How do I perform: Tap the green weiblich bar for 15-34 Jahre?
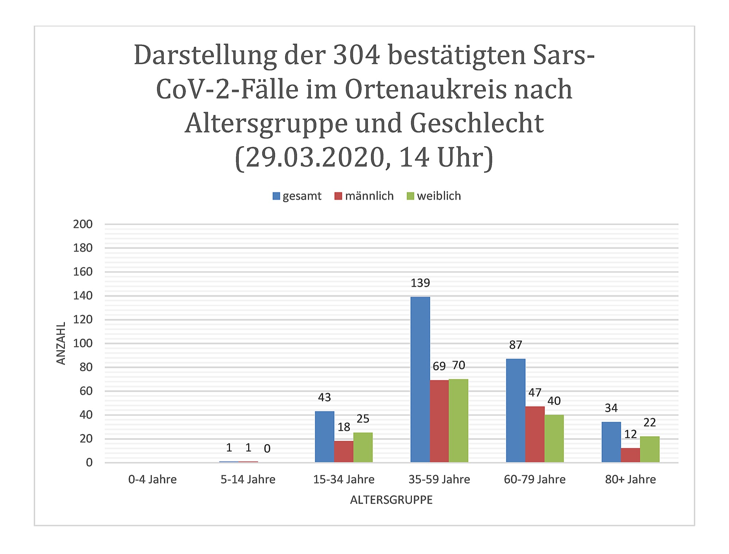pos(363,447)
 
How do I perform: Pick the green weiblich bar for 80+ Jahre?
pos(650,449)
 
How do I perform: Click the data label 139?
pos(420,283)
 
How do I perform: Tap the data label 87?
pos(515,345)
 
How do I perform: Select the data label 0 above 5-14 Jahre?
pos(267,449)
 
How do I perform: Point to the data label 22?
pos(650,422)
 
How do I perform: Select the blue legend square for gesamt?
pos(276,196)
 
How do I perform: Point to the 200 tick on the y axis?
pos(83,224)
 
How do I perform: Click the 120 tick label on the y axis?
pos(83,320)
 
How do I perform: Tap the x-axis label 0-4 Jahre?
pos(152,479)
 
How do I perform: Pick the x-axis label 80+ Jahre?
pos(630,479)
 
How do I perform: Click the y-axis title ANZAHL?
pos(61,343)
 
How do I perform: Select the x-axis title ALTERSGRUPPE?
pos(391,500)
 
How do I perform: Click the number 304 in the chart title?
pos(356,55)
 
